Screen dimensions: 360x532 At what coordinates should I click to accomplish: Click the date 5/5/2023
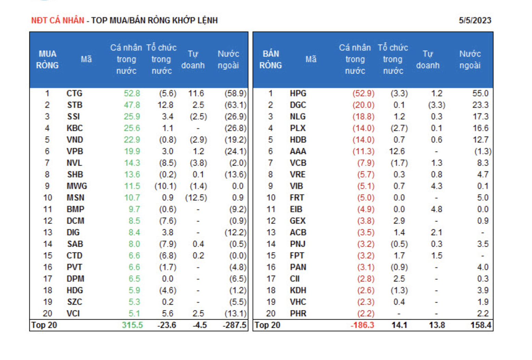click(475, 21)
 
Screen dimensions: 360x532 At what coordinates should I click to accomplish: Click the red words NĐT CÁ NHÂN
click(57, 21)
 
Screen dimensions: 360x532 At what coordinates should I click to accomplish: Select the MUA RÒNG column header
click(47, 60)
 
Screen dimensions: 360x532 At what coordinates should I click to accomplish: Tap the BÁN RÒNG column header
click(270, 60)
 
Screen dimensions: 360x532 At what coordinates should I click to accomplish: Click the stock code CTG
click(75, 93)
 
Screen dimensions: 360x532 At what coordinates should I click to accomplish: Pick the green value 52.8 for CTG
click(132, 93)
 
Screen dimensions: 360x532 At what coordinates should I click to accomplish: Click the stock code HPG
click(298, 93)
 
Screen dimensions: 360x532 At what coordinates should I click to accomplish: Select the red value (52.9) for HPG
click(363, 93)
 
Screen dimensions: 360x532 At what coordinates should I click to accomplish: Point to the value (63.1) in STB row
click(235, 105)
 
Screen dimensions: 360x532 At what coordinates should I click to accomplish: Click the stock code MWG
click(77, 186)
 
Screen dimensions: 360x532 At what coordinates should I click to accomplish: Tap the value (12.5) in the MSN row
click(196, 198)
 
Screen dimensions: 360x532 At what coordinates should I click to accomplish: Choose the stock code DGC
click(298, 105)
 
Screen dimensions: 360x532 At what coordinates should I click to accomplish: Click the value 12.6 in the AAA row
click(397, 151)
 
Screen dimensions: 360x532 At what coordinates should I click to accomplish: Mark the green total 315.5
click(132, 325)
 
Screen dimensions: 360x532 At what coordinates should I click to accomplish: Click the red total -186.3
click(362, 325)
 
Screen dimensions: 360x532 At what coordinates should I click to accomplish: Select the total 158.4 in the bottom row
click(480, 325)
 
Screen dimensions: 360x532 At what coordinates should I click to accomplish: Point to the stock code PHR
click(298, 313)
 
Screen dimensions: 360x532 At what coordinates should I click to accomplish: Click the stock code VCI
click(73, 313)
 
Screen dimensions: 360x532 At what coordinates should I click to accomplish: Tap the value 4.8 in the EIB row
click(437, 209)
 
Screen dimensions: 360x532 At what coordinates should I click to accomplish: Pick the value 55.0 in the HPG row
click(480, 93)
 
